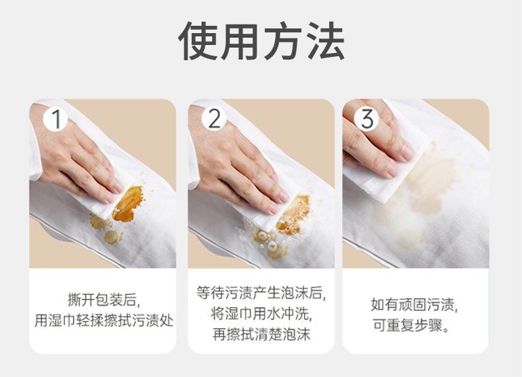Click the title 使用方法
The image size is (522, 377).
[262, 41]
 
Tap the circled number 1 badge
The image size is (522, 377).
[56, 118]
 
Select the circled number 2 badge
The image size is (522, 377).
[214, 118]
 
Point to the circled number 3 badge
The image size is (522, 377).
[367, 118]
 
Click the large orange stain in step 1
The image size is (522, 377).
[128, 204]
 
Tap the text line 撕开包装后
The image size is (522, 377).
[104, 300]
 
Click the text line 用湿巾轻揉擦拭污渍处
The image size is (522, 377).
[104, 321]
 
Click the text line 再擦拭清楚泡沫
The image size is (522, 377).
[262, 334]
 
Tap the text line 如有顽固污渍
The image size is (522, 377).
[414, 304]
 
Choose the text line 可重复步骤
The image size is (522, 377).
[411, 325]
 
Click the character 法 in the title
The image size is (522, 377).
[326, 41]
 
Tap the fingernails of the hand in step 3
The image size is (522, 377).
[404, 157]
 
